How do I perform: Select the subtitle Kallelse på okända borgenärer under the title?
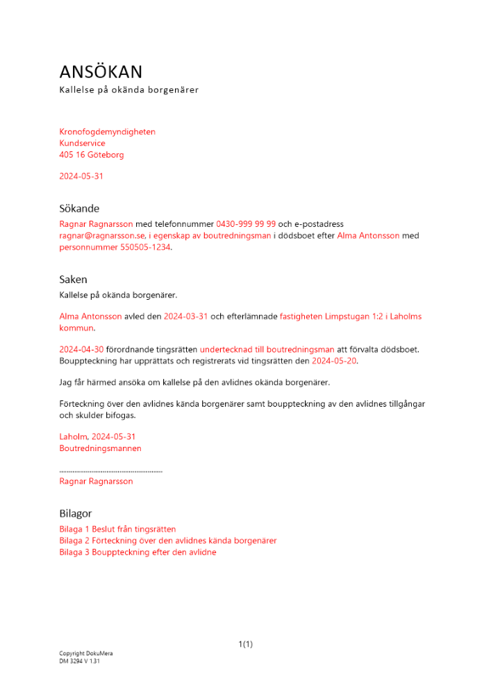coord(128,90)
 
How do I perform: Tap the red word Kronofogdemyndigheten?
coord(107,132)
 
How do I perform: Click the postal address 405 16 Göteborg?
coord(92,155)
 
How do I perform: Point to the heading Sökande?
coord(79,208)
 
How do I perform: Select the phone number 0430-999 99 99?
coord(246,224)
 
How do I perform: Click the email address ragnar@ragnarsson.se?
coord(101,236)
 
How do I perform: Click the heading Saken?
coord(73,280)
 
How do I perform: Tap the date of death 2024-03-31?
coord(185,316)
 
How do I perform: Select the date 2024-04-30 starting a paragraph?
coord(81,350)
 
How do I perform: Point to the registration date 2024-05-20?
coord(333,361)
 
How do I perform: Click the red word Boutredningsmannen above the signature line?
coord(100,448)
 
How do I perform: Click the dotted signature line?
coord(111,471)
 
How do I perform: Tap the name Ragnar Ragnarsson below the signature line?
coord(96,481)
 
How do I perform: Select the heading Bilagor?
coord(75,514)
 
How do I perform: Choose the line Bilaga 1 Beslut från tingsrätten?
coord(117,530)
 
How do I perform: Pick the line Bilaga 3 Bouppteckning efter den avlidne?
coord(138,552)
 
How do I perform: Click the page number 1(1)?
coord(245,645)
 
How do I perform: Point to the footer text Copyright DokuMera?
coord(85,654)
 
